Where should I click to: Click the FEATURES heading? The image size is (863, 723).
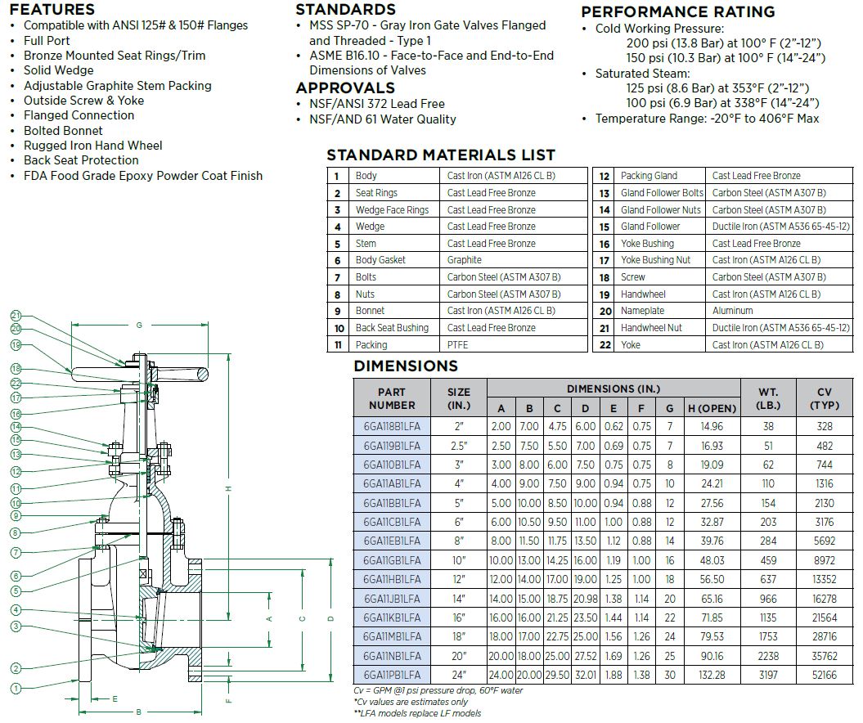52,10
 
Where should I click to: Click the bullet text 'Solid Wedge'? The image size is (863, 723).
58,70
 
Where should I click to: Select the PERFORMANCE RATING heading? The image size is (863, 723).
677,12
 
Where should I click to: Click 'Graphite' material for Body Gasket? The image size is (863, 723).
465,260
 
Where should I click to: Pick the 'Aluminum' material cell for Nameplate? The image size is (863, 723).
733,311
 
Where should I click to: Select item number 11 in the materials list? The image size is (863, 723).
337,345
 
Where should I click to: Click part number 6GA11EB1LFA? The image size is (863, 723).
393,541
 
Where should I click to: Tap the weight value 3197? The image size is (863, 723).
768,675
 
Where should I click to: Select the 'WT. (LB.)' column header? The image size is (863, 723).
768,398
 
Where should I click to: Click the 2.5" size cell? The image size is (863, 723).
459,446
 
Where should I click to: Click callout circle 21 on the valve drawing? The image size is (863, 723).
16,315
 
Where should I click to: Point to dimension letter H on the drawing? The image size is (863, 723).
230,489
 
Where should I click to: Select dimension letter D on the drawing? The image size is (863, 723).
330,619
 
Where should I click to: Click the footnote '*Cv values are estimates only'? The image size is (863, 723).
411,702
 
